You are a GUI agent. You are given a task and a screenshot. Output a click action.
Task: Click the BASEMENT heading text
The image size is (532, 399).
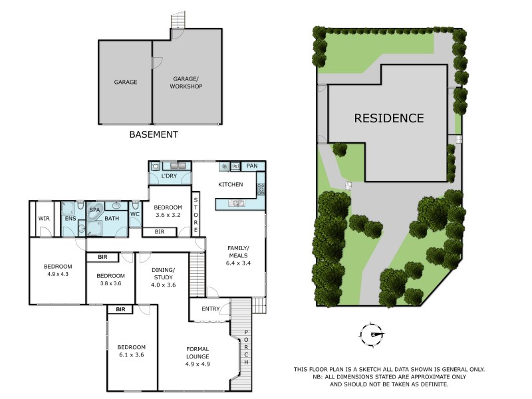(x=153, y=134)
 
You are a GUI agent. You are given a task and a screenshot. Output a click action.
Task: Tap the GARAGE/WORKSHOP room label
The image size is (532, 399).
(x=186, y=82)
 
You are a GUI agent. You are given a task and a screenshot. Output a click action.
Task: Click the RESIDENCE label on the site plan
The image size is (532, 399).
(x=388, y=118)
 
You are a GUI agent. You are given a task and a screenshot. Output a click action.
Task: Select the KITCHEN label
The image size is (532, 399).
(x=231, y=184)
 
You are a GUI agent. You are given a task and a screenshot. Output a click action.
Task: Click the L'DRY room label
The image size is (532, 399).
(x=170, y=176)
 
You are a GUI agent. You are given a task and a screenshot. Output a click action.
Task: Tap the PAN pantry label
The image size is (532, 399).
(x=251, y=166)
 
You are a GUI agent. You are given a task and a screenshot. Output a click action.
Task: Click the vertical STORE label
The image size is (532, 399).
(x=196, y=214)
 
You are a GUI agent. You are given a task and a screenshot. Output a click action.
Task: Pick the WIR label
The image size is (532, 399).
(x=44, y=218)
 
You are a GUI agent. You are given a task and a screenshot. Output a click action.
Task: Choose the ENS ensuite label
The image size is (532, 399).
(x=70, y=218)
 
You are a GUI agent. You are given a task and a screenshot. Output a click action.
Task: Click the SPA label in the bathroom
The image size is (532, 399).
(x=94, y=210)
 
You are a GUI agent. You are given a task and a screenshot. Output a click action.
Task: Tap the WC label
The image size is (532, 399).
(x=135, y=214)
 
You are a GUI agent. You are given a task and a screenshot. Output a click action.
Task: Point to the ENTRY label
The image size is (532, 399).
(x=211, y=308)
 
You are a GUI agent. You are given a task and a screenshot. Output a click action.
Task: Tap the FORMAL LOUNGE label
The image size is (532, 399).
(x=198, y=352)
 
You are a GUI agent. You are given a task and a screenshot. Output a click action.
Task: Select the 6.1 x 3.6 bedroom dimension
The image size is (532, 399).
(x=130, y=354)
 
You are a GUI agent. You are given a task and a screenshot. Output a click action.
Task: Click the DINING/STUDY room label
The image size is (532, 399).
(x=164, y=273)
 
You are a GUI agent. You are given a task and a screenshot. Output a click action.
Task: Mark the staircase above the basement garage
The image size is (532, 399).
(x=177, y=21)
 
